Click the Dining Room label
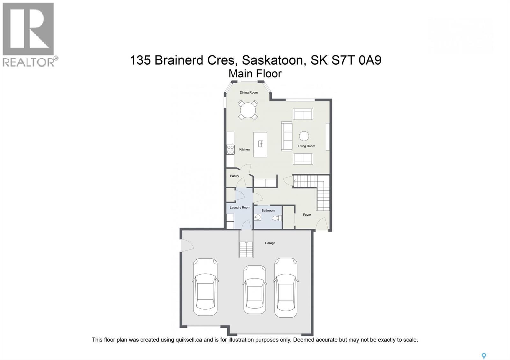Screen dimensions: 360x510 (x=249, y=93)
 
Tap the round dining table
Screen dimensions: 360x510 (x=248, y=110)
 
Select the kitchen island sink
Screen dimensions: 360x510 (x=261, y=144)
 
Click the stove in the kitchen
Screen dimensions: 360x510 (x=230, y=149)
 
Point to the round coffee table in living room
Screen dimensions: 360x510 (x=304, y=136)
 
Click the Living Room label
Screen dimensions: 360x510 (x=306, y=146)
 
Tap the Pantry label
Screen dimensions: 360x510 (x=235, y=176)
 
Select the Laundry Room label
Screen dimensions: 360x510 (x=240, y=208)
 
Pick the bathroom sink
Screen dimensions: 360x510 (x=258, y=217)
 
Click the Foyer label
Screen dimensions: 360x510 (x=307, y=215)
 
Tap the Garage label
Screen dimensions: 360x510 (x=270, y=243)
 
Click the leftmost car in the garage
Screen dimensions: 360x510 (x=205, y=287)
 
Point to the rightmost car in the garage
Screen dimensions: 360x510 (x=286, y=287)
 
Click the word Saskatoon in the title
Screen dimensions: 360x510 (x=273, y=60)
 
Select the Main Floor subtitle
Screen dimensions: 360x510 (x=255, y=74)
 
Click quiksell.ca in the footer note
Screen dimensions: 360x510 (x=188, y=340)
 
